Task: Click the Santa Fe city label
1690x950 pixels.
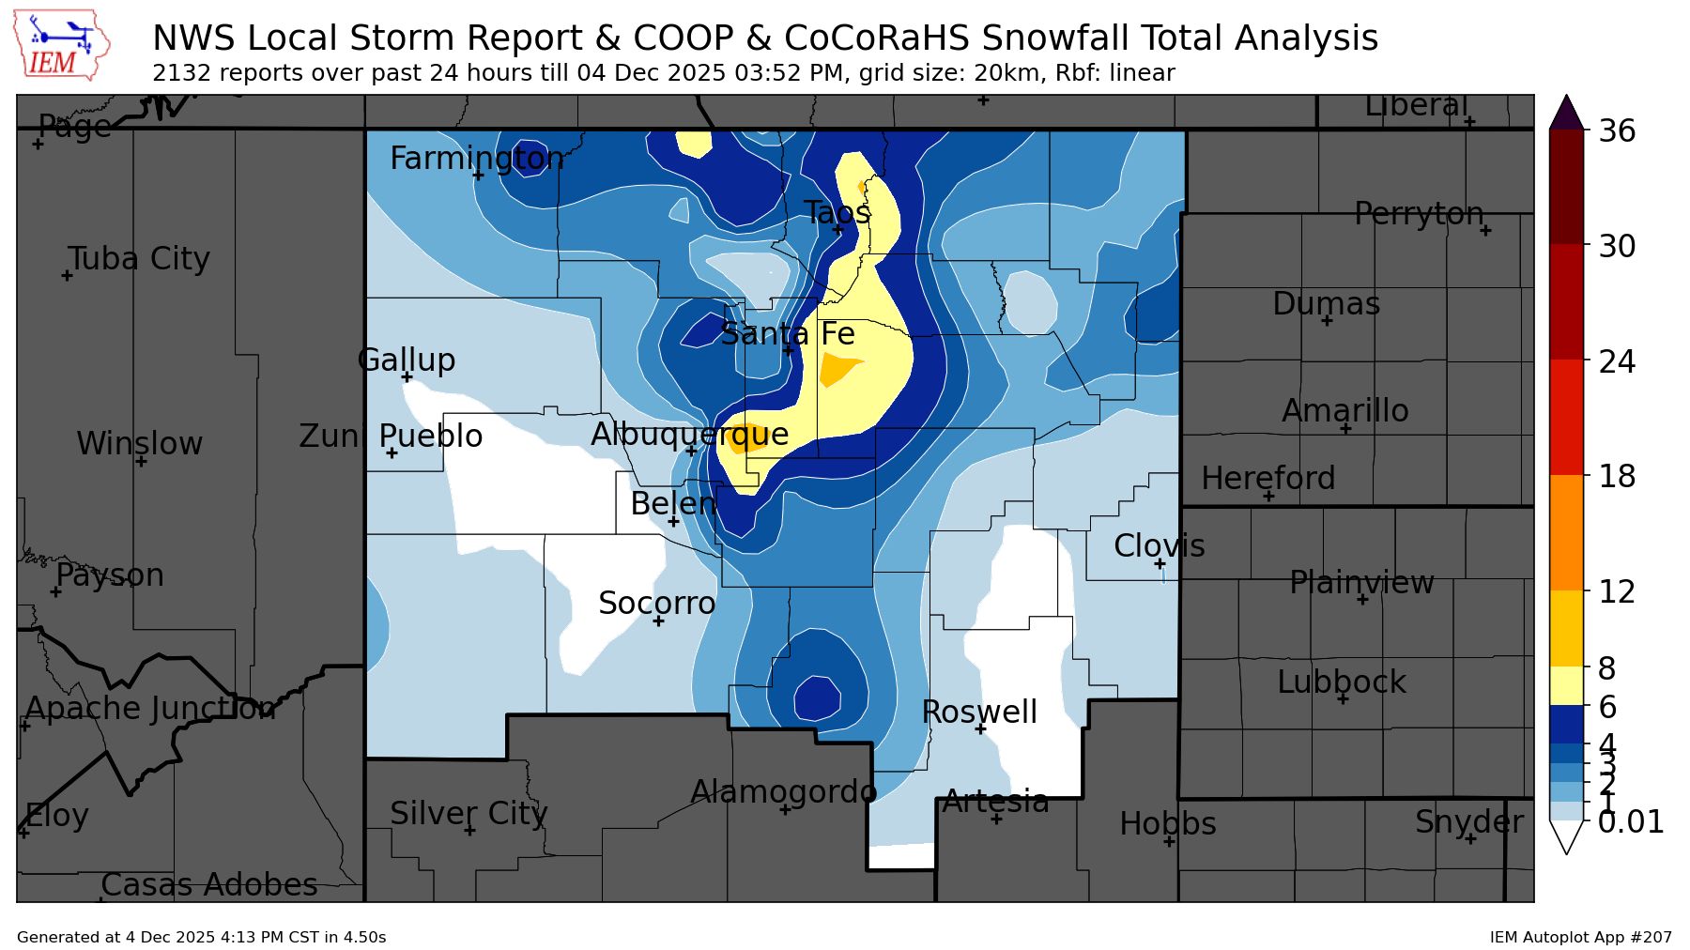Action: click(787, 334)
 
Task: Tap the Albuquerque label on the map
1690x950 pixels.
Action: click(689, 434)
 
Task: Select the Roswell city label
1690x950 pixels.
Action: click(979, 712)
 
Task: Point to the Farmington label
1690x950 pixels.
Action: click(477, 158)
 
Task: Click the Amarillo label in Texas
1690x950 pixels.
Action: click(1344, 410)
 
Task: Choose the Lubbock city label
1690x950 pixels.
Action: click(1341, 682)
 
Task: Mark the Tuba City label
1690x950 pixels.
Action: click(139, 258)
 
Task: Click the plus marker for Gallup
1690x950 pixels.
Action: click(407, 377)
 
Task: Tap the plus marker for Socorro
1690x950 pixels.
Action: click(658, 621)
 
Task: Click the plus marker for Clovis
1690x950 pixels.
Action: click(1160, 563)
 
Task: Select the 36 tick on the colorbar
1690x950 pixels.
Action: click(1617, 130)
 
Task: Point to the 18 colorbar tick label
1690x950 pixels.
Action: click(1617, 476)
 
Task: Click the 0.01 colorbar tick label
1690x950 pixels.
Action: click(1630, 821)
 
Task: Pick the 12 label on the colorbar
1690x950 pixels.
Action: click(1617, 591)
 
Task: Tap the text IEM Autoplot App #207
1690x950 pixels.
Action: click(1580, 937)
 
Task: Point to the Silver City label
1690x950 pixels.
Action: click(469, 813)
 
